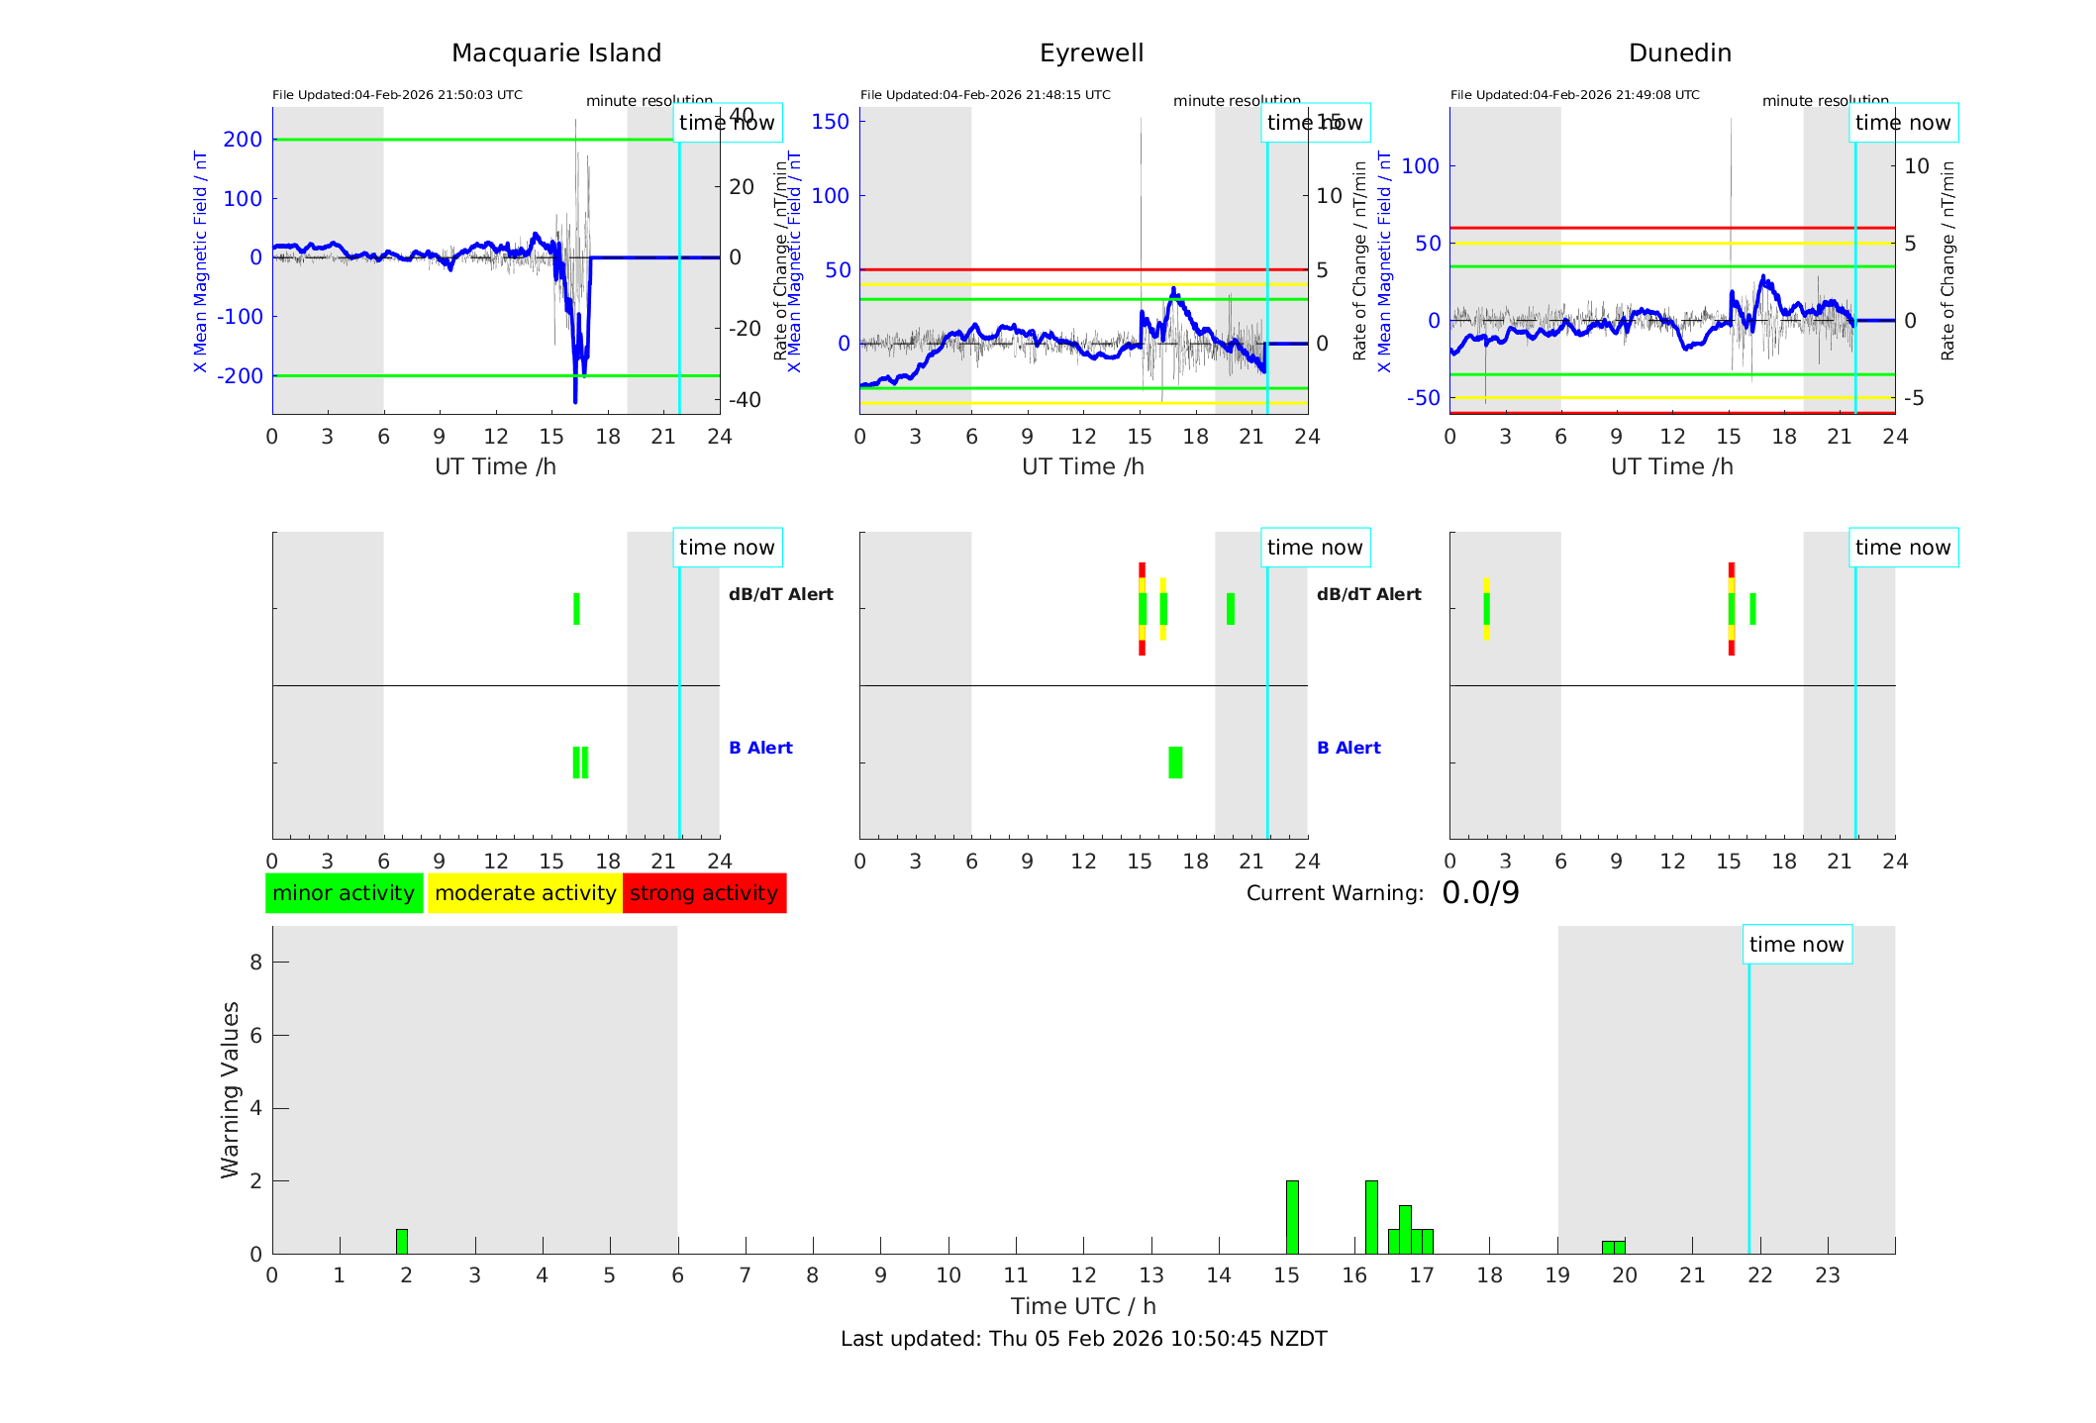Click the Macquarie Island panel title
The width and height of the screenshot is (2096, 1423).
point(555,53)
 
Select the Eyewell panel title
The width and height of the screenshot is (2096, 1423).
point(1091,53)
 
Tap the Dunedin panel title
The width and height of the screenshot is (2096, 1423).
point(1679,53)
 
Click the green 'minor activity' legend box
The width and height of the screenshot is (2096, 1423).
point(344,893)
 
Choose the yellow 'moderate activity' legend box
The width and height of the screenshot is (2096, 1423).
point(525,893)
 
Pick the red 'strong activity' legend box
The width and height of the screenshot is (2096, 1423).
point(704,893)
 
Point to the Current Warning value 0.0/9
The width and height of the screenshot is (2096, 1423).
point(1480,893)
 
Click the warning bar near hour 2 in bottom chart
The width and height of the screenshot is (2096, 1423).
point(402,1242)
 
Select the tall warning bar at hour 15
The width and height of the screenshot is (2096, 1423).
point(1292,1217)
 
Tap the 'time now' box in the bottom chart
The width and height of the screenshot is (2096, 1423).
point(1796,945)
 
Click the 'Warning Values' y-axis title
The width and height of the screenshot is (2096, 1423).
point(231,1089)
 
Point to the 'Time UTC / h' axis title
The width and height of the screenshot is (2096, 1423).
point(1083,1306)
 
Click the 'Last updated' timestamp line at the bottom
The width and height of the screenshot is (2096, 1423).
point(1083,1339)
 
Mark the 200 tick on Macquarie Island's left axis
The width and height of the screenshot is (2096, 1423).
point(243,140)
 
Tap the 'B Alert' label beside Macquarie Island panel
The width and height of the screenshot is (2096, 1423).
point(760,748)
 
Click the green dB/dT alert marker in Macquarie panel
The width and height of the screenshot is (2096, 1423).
point(576,609)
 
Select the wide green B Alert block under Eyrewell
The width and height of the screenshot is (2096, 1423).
point(1175,762)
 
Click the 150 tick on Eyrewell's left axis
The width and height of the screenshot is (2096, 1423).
point(830,122)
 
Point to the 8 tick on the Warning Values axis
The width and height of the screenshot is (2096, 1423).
point(255,962)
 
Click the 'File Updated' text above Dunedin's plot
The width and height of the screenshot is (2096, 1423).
point(1574,95)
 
